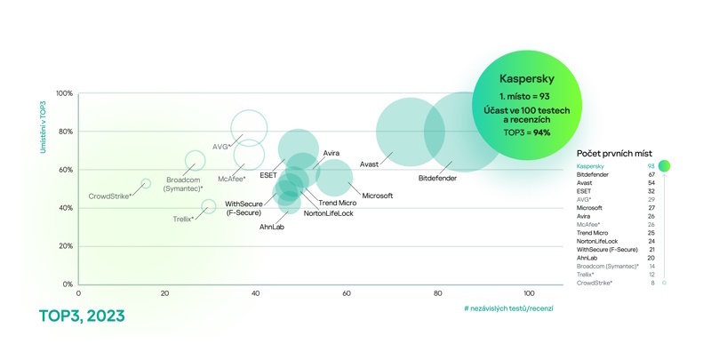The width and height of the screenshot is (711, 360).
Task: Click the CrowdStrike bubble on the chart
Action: [146, 184]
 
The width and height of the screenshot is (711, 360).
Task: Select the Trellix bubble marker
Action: [209, 206]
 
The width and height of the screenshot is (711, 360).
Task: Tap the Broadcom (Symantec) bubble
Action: [196, 161]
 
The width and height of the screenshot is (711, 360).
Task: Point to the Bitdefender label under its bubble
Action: [438, 179]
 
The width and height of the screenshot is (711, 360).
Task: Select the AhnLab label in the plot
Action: [272, 227]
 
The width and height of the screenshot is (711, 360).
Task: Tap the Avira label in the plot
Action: [332, 153]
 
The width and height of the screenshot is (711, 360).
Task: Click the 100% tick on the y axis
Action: [65, 93]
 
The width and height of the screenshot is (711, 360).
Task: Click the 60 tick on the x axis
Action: [348, 293]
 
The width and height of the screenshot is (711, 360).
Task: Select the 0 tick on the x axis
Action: [78, 293]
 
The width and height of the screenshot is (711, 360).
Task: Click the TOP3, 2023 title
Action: [82, 316]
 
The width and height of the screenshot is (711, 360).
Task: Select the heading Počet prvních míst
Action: [614, 154]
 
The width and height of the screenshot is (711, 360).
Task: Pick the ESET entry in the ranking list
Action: [585, 191]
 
